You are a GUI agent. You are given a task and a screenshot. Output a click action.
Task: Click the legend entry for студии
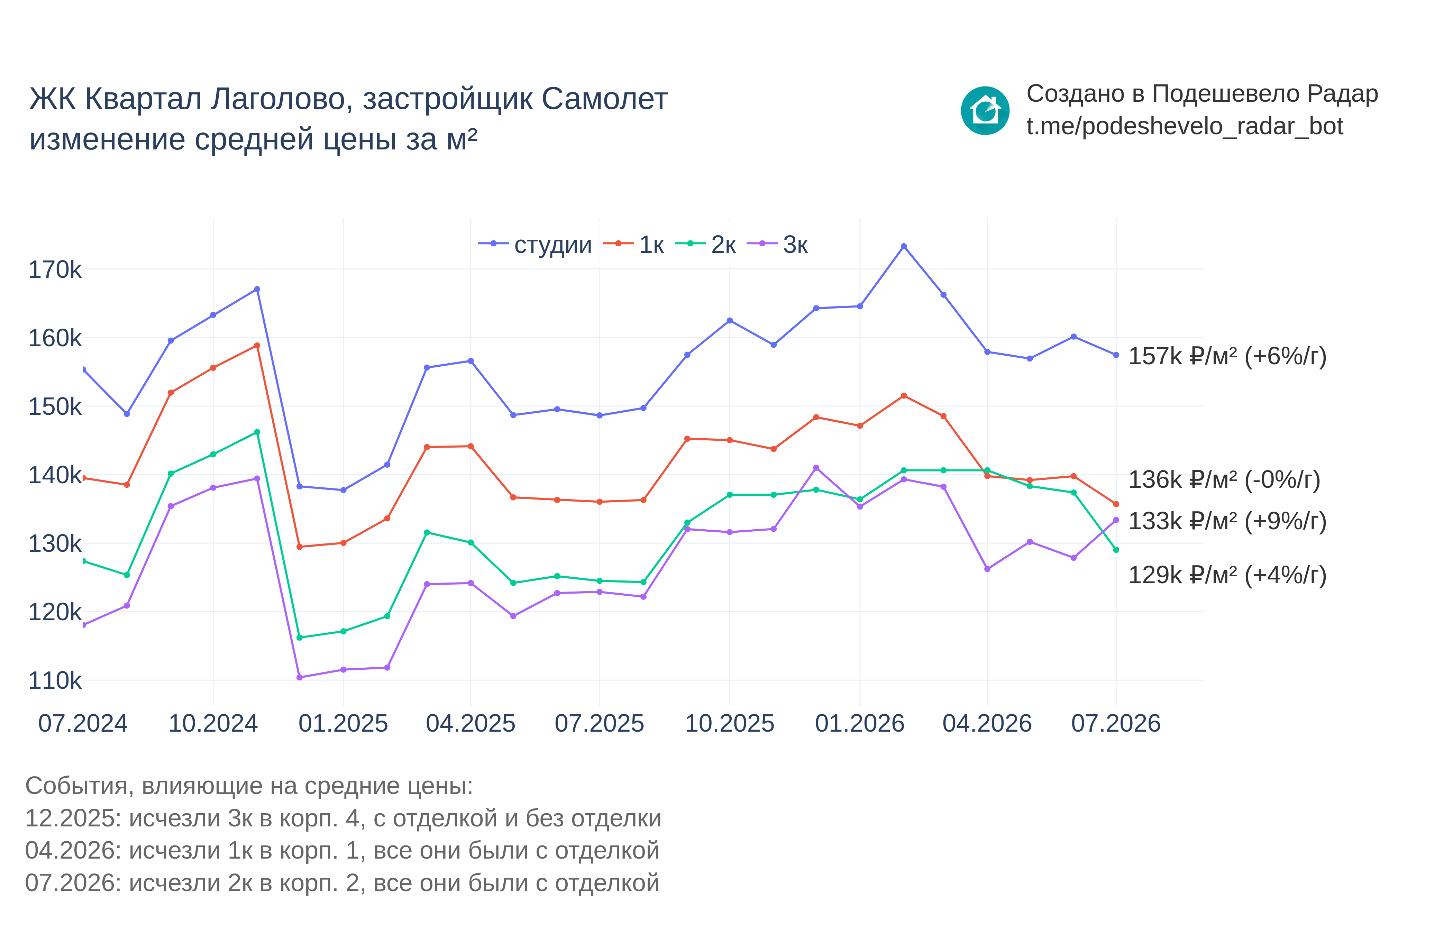click(x=535, y=245)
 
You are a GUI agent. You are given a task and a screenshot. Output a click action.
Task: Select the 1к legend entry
click(x=634, y=245)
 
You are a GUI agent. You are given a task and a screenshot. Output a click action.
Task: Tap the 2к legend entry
click(x=705, y=245)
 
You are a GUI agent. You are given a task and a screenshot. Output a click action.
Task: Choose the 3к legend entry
click(x=777, y=245)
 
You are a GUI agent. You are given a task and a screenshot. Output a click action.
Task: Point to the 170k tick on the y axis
click(x=55, y=269)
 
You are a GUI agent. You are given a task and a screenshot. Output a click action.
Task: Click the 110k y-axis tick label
click(x=55, y=680)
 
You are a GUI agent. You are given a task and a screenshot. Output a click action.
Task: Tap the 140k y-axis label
click(x=55, y=475)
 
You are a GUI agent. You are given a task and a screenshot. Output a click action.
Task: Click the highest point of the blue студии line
click(x=904, y=246)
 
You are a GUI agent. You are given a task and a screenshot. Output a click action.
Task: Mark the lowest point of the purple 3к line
click(x=300, y=677)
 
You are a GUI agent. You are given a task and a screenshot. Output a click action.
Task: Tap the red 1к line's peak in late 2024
click(x=257, y=346)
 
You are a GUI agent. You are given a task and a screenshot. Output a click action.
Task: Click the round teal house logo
click(x=985, y=110)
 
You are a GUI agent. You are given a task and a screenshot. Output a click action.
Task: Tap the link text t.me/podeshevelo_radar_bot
click(x=1185, y=126)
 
